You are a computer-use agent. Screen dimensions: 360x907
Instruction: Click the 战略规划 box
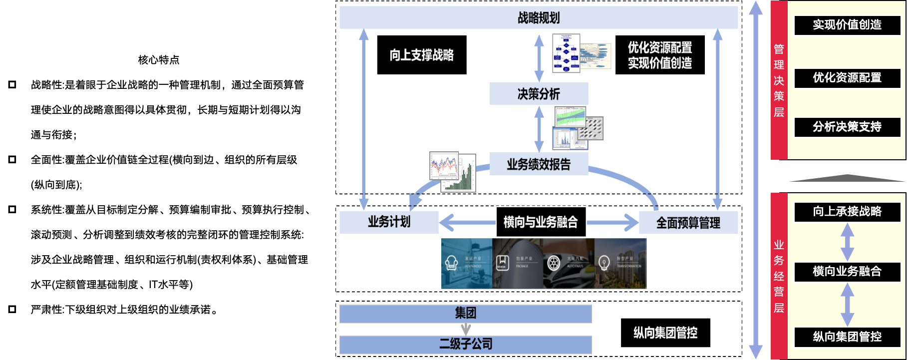(x=538, y=18)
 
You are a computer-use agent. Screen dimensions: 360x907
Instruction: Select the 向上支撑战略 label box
(x=421, y=55)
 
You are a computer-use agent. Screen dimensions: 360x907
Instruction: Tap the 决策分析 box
(x=539, y=94)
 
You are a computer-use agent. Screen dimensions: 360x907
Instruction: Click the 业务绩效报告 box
(x=539, y=164)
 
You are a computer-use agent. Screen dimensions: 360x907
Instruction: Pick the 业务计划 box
(x=389, y=222)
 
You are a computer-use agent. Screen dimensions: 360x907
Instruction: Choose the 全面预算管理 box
(x=688, y=223)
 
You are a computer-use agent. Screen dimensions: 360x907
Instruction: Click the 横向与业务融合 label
(x=541, y=222)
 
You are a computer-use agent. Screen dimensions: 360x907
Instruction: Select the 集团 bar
(x=465, y=314)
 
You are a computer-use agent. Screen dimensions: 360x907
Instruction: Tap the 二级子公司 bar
(x=465, y=344)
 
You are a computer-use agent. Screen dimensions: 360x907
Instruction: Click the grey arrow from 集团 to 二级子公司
(x=466, y=329)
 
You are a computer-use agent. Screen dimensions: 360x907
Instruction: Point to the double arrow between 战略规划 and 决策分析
(x=539, y=57)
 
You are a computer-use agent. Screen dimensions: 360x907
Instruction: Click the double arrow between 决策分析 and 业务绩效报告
(x=539, y=129)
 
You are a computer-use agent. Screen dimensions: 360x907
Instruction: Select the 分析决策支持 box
(x=847, y=127)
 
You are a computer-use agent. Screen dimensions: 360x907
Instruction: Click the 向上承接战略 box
(x=847, y=212)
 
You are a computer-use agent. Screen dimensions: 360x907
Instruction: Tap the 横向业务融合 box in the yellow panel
(x=847, y=272)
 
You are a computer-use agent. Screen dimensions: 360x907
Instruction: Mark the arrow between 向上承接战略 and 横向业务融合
(x=847, y=242)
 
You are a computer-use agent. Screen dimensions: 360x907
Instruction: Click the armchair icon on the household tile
(x=452, y=263)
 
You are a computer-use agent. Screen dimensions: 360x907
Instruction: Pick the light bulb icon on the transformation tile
(x=604, y=262)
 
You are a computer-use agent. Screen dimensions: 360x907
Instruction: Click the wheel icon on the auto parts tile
(x=554, y=263)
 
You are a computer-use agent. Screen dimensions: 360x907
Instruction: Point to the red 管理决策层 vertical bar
(x=779, y=80)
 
